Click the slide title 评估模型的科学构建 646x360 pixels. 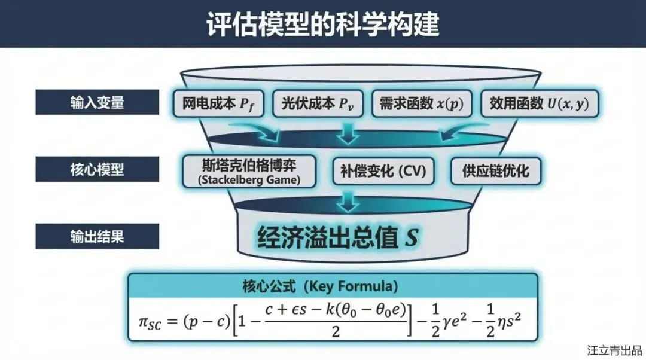tap(323, 24)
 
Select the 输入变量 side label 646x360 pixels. tap(97, 102)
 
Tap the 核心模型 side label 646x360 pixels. tap(97, 169)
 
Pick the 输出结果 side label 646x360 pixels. tap(97, 236)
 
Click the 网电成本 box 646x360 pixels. tap(220, 104)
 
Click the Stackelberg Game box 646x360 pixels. tap(249, 171)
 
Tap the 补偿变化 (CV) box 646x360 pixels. tap(379, 171)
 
